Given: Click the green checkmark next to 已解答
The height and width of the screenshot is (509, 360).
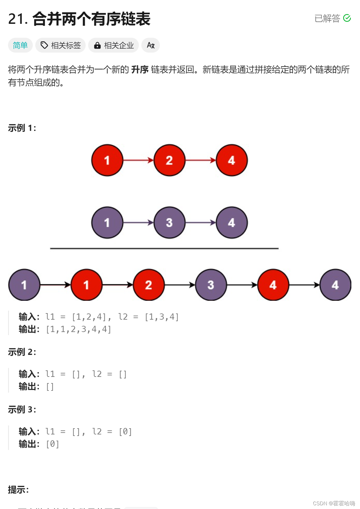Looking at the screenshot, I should point(347,18).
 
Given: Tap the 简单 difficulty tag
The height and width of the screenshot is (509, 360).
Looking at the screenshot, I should point(20,45).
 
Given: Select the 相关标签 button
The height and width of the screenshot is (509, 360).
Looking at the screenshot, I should point(61,45).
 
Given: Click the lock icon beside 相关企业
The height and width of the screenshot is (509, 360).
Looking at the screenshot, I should point(97,45).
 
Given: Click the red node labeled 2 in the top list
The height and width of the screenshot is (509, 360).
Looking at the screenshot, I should point(169,160).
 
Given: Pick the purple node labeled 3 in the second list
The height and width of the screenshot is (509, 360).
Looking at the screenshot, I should point(169,222).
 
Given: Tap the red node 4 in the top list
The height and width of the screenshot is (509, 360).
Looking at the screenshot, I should point(232,160).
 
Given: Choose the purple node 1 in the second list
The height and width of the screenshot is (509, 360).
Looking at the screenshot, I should point(107,222).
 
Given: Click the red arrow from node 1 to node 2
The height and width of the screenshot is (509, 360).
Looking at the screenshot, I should point(138,160).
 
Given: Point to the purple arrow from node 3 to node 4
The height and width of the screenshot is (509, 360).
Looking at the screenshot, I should point(200,222).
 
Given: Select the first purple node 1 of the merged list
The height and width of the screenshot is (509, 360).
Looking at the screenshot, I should point(24,285).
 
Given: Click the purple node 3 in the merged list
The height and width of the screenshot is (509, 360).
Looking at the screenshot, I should point(211,285).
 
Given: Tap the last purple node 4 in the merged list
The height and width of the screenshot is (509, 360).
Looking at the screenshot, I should point(335,285).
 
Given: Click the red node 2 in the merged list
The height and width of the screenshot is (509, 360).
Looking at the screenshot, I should point(148,285).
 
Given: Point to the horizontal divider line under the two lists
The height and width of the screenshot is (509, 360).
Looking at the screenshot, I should point(164,248).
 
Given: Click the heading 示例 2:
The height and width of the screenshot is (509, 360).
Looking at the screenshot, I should point(22,352).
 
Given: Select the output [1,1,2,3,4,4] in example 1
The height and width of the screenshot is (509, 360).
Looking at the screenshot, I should point(79,329).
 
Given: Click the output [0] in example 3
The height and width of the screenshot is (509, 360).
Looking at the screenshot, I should point(53,444).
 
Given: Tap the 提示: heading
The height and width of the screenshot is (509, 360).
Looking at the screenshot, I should point(18,490).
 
